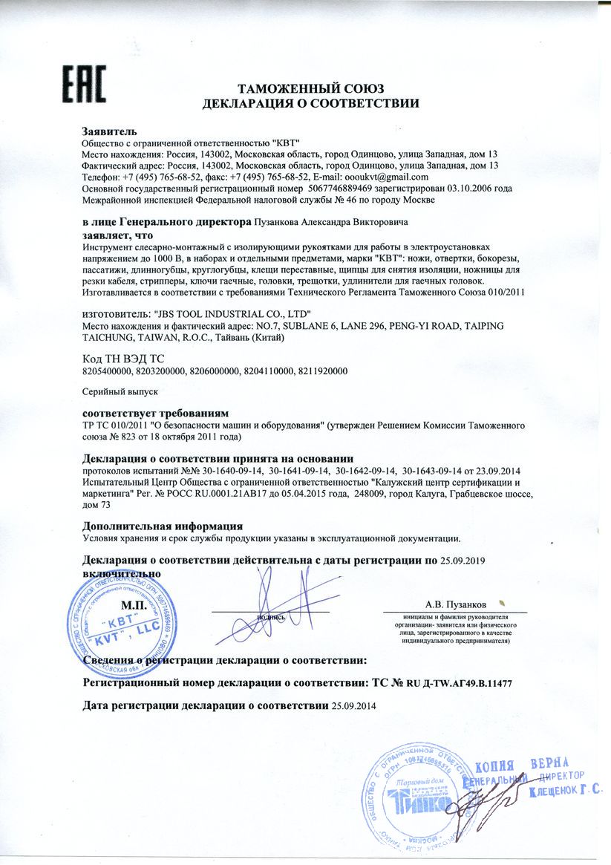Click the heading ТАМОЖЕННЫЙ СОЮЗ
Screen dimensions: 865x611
312,89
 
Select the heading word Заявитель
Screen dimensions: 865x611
109,131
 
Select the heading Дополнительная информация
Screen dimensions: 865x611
163,526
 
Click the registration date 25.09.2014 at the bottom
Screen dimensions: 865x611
354,705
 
